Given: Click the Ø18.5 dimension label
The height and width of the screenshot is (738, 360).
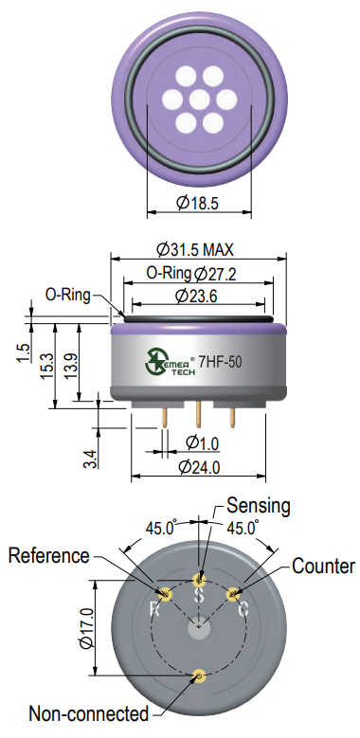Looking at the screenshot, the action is click(198, 203).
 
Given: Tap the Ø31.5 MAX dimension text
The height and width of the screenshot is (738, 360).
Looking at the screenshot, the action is click(195, 249).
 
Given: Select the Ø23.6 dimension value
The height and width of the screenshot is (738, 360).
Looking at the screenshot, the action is click(196, 296).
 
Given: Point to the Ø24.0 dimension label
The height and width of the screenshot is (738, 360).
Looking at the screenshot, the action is click(200, 467).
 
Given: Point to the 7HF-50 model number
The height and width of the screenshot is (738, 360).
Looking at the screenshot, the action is click(220, 363).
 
